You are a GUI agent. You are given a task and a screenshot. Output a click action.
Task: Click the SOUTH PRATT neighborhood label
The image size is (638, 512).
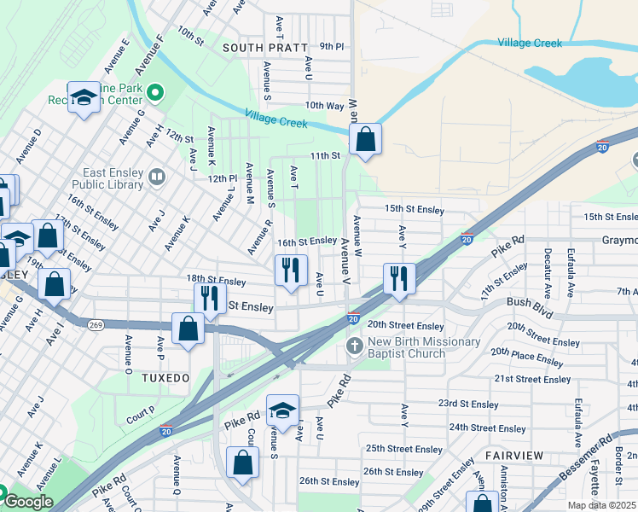point(264,48)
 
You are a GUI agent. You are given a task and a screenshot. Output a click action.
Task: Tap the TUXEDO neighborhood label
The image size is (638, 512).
point(165,377)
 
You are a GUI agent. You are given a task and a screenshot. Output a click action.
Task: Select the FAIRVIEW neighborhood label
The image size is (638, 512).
point(514,456)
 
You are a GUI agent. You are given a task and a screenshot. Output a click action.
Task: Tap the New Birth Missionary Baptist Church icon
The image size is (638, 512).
point(355,346)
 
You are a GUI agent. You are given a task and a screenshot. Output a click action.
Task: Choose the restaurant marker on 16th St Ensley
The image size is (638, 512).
point(291,271)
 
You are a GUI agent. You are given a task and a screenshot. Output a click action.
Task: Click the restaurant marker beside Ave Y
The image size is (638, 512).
point(398,278)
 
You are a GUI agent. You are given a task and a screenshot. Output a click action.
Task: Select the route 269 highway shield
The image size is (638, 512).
point(96,324)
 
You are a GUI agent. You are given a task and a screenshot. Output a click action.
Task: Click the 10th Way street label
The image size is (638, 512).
point(324,106)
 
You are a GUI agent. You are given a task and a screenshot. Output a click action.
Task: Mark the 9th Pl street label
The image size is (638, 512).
point(331,46)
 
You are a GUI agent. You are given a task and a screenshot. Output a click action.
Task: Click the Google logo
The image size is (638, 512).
point(28,502)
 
